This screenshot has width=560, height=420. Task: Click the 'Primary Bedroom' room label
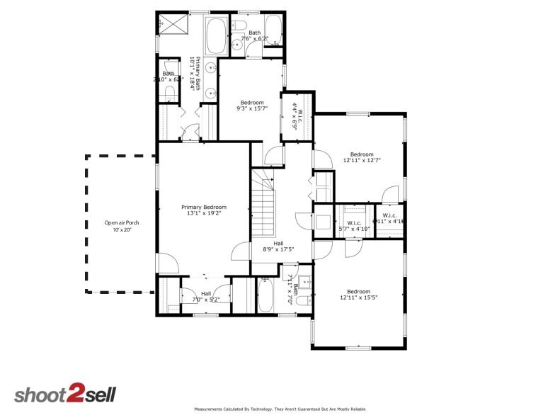(204, 207)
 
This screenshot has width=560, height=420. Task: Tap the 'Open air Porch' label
(122, 223)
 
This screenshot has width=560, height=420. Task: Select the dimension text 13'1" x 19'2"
(204, 213)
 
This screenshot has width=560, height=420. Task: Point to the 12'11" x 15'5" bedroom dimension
(358, 298)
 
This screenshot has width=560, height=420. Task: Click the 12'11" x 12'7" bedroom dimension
(362, 161)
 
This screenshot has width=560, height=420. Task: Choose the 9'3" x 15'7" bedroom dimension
(252, 108)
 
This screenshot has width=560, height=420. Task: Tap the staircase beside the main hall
(263, 205)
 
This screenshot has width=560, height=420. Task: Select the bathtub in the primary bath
(216, 35)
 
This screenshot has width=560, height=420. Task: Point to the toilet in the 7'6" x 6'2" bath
(239, 28)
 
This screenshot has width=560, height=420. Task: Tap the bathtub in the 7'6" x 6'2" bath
(273, 32)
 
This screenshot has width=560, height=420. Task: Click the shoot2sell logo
(65, 395)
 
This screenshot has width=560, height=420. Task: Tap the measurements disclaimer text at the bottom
(280, 409)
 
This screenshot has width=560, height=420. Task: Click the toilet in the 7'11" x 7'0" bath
(302, 301)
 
